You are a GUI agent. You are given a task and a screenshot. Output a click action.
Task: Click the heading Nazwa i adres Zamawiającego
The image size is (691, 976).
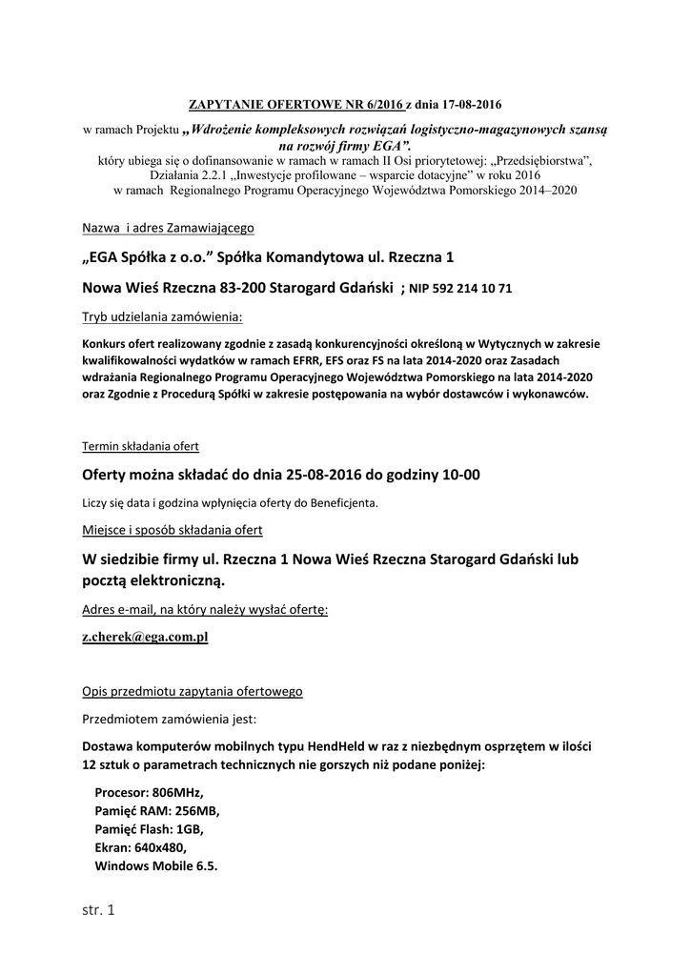[167, 229]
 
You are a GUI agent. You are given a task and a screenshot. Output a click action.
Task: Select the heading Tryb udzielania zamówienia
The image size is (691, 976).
[161, 315]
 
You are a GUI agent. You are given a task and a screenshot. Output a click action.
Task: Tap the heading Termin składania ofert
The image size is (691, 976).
[140, 446]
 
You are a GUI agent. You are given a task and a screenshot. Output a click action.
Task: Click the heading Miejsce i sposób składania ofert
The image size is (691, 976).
[173, 530]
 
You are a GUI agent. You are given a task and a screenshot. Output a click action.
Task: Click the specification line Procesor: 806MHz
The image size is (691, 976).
[150, 792]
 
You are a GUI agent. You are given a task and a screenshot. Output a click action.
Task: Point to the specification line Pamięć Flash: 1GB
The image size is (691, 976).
[149, 829]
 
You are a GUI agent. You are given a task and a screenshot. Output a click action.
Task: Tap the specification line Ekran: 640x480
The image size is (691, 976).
[141, 847]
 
